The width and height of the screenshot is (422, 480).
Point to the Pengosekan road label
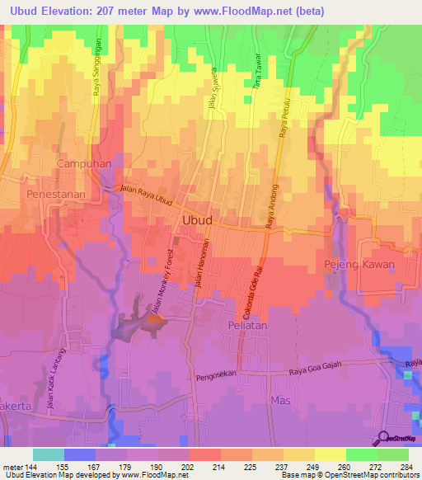pyautogui.click(x=218, y=379)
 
